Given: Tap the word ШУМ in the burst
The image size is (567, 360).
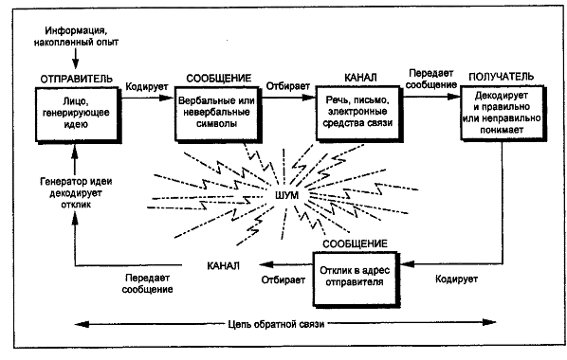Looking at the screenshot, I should coord(285,194).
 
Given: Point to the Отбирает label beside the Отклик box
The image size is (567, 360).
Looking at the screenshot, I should coord(283,281).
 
